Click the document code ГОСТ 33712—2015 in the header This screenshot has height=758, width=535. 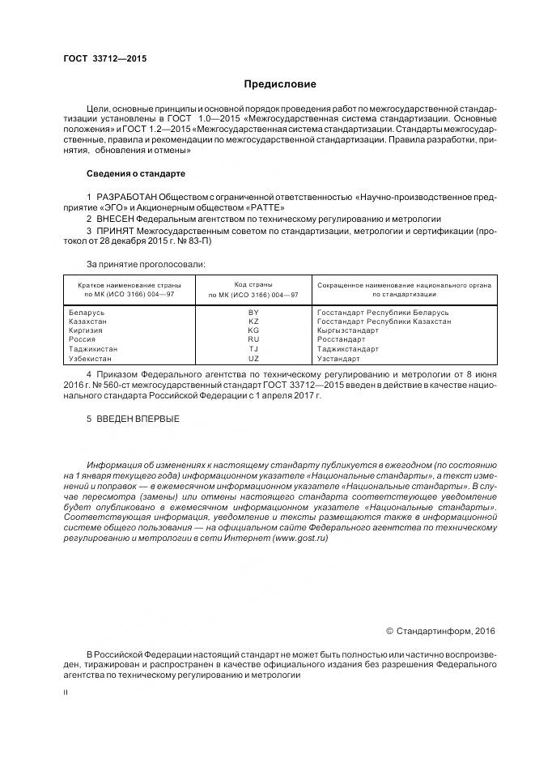(104, 58)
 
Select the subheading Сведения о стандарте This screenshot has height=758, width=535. (136, 174)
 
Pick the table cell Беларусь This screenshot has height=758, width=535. (87, 313)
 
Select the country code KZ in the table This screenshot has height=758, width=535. (253, 322)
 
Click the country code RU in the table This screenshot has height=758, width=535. (253, 340)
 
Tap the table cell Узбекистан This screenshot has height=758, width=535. (92, 359)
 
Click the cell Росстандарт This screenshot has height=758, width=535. (342, 340)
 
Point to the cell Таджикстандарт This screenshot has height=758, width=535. (348, 349)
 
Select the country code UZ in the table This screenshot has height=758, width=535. (253, 359)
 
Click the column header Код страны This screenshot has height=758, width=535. (253, 285)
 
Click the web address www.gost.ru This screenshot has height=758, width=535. (301, 539)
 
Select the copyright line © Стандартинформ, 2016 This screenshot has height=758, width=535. (439, 631)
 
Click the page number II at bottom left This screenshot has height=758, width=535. (66, 692)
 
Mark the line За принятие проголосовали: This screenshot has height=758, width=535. (146, 264)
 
